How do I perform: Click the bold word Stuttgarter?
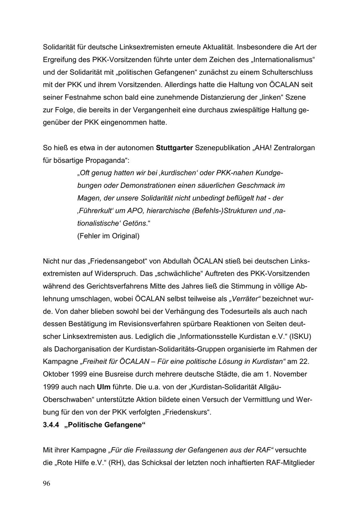(174, 148)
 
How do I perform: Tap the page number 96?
(46, 484)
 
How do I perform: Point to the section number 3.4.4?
(51, 425)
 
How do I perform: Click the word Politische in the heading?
(86, 425)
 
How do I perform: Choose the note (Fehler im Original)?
(108, 236)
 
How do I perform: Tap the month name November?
(291, 375)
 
